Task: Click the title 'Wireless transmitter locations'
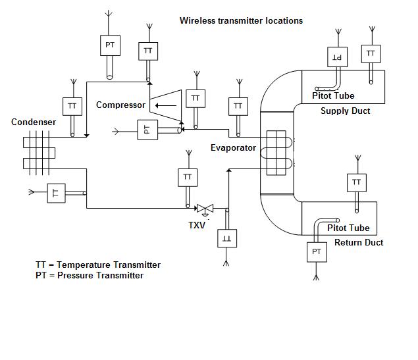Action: tap(241, 20)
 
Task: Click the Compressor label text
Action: tap(120, 105)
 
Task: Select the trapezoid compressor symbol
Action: tap(166, 104)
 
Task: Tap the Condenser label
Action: tap(34, 122)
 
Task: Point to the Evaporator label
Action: tap(233, 147)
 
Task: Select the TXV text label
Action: tap(197, 225)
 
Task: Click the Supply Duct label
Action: tap(345, 111)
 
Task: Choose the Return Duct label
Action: tap(359, 242)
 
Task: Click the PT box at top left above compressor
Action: tap(109, 45)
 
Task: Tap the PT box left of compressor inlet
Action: tap(147, 130)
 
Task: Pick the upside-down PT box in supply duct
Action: tap(337, 57)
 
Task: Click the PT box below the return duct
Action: tap(317, 252)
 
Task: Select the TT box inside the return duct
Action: tap(356, 182)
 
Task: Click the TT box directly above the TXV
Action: tap(188, 177)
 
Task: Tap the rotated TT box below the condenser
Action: tap(56, 193)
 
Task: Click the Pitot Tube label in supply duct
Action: tap(333, 95)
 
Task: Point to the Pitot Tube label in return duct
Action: tap(348, 228)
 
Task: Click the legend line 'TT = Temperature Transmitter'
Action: tap(98, 265)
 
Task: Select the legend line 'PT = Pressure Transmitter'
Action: tap(90, 275)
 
